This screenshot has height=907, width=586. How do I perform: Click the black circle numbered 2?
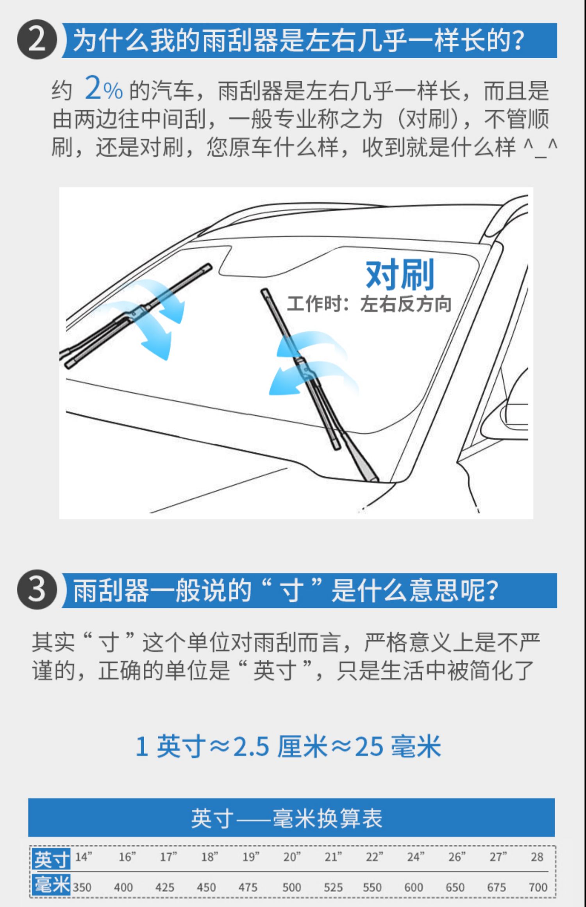[x=37, y=40]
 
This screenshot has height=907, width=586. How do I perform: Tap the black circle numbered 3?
[x=37, y=590]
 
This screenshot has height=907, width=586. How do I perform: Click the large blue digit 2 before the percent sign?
[x=93, y=87]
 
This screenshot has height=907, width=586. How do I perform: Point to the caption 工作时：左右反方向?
[x=369, y=304]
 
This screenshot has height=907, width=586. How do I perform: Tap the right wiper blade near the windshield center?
[x=301, y=369]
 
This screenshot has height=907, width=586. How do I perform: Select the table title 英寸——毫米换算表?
[x=287, y=818]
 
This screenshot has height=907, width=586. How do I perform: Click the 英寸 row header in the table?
[x=52, y=859]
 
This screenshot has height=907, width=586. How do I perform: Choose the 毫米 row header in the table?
[x=52, y=884]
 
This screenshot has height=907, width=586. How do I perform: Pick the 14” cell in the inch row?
[x=84, y=857]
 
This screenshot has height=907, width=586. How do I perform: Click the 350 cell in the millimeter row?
[x=82, y=887]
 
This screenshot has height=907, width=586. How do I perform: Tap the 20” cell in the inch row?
[x=292, y=857]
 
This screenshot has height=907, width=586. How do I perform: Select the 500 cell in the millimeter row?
[x=292, y=887]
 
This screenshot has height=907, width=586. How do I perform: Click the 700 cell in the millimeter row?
[x=538, y=887]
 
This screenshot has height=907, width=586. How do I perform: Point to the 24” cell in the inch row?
[x=416, y=857]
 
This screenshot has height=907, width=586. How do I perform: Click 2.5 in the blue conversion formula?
[x=251, y=746]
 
